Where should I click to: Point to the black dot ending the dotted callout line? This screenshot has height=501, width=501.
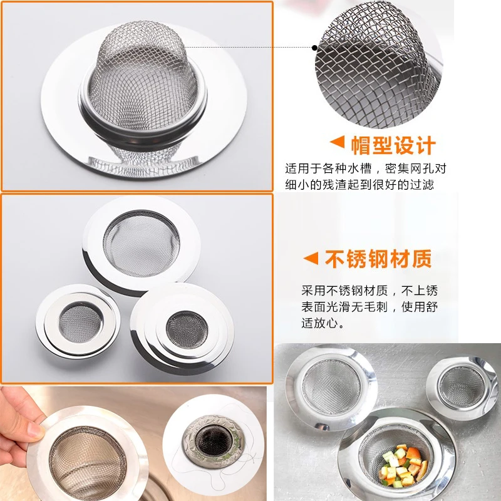(x=315, y=47)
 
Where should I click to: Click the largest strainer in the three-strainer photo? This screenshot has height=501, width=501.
(x=141, y=244)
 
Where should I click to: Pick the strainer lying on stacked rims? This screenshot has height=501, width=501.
(x=182, y=329)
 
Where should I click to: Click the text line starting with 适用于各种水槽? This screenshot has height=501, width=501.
(x=366, y=169)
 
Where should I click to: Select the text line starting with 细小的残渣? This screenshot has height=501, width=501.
(x=359, y=185)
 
